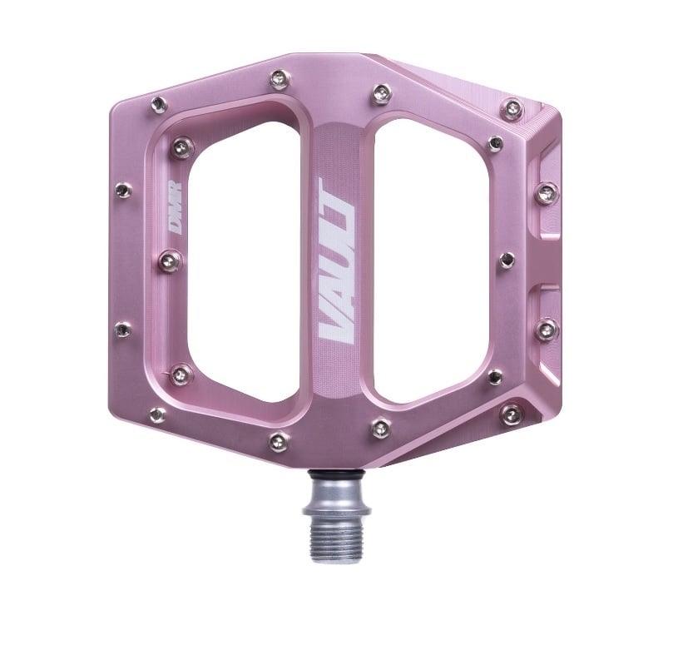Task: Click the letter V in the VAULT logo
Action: (x=334, y=325)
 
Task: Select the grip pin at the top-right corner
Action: (x=514, y=107)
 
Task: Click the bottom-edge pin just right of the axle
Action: (x=381, y=428)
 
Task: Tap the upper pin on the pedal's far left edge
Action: (x=123, y=190)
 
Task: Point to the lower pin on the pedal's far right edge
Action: (x=547, y=329)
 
